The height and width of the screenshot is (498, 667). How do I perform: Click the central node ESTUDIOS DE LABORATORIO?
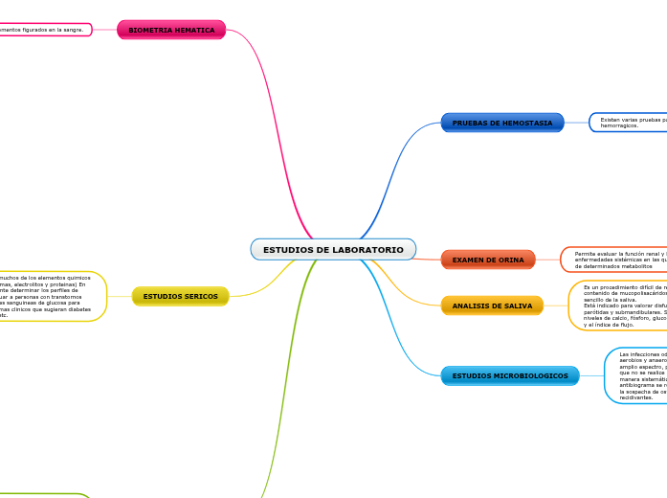pyautogui.click(x=333, y=250)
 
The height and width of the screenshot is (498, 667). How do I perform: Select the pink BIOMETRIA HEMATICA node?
pyautogui.click(x=171, y=30)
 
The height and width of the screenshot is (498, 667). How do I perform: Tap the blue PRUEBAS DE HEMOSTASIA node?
pyautogui.click(x=501, y=123)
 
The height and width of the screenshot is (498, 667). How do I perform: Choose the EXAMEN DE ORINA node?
pyautogui.click(x=488, y=260)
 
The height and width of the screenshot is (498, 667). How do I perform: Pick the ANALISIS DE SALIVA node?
pyautogui.click(x=492, y=306)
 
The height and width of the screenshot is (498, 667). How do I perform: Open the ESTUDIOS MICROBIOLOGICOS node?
pyautogui.click(x=510, y=375)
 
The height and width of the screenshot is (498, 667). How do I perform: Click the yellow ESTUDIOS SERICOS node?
pyautogui.click(x=180, y=296)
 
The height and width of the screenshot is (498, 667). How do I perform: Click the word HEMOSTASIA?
pyautogui.click(x=528, y=123)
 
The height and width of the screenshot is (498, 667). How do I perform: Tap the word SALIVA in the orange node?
pyautogui.click(x=518, y=306)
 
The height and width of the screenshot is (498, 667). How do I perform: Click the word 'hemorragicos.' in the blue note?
pyautogui.click(x=619, y=125)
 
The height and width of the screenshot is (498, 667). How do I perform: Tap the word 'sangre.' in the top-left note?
pyautogui.click(x=73, y=30)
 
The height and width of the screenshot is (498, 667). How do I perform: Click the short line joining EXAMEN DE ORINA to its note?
pyautogui.click(x=548, y=260)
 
